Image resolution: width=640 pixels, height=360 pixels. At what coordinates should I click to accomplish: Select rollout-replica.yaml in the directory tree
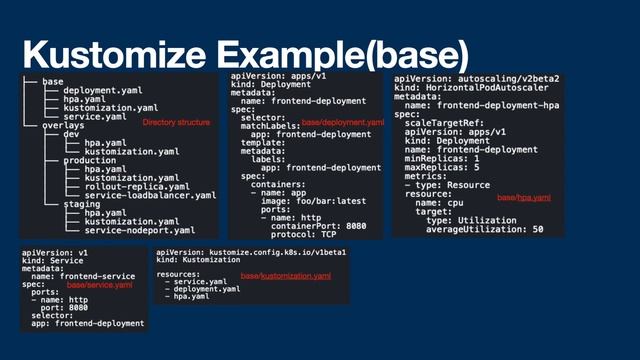(x=123, y=186)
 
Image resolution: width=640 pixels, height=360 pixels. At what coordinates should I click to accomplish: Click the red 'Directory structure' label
(x=176, y=122)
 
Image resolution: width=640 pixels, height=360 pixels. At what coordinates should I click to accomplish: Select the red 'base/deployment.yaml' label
(x=343, y=122)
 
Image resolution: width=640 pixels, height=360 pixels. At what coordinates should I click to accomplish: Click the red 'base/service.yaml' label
(x=99, y=285)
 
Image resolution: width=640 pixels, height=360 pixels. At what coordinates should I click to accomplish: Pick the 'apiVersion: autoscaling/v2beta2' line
(x=477, y=78)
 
